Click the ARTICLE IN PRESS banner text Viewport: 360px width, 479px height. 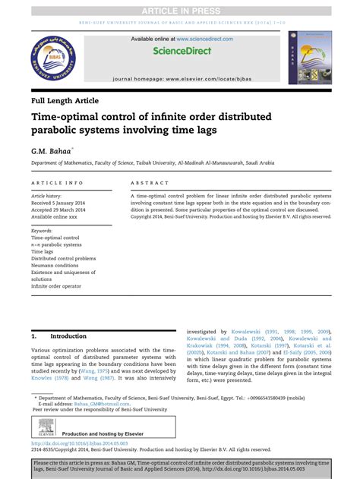[x=180, y=8]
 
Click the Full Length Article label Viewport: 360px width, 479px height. [x=65, y=100]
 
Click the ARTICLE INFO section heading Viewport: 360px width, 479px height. [x=58, y=184]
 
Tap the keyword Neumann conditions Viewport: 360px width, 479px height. [x=55, y=266]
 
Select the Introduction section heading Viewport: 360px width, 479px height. [x=68, y=336]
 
